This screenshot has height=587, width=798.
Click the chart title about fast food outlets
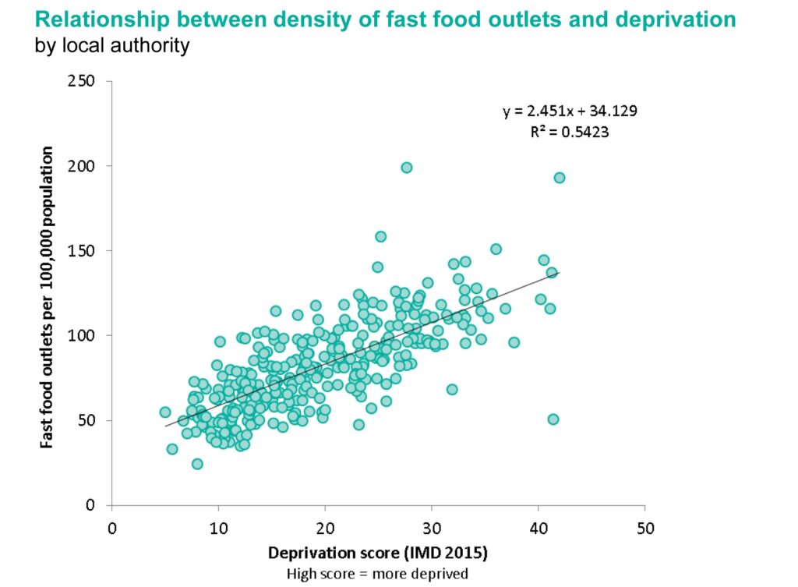pyautogui.click(x=385, y=19)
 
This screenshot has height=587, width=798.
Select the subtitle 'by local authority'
pyautogui.click(x=111, y=46)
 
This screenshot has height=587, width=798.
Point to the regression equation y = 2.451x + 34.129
pyautogui.click(x=570, y=111)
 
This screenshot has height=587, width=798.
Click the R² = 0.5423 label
pyautogui.click(x=569, y=132)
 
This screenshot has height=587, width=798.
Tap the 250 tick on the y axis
pyautogui.click(x=87, y=81)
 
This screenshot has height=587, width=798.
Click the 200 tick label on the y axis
pyautogui.click(x=87, y=166)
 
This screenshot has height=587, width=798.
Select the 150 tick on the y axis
pyautogui.click(x=87, y=251)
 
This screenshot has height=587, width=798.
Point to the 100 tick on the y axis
pyautogui.click(x=87, y=335)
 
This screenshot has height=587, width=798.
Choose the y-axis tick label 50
pyautogui.click(x=91, y=420)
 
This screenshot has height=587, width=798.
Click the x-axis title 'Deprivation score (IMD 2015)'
pyautogui.click(x=378, y=555)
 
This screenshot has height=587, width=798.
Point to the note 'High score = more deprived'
pyautogui.click(x=378, y=575)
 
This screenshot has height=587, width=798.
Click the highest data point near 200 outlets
pyautogui.click(x=406, y=168)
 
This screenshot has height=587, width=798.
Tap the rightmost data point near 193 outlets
pyautogui.click(x=559, y=178)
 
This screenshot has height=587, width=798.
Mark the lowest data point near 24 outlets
pyautogui.click(x=197, y=464)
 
